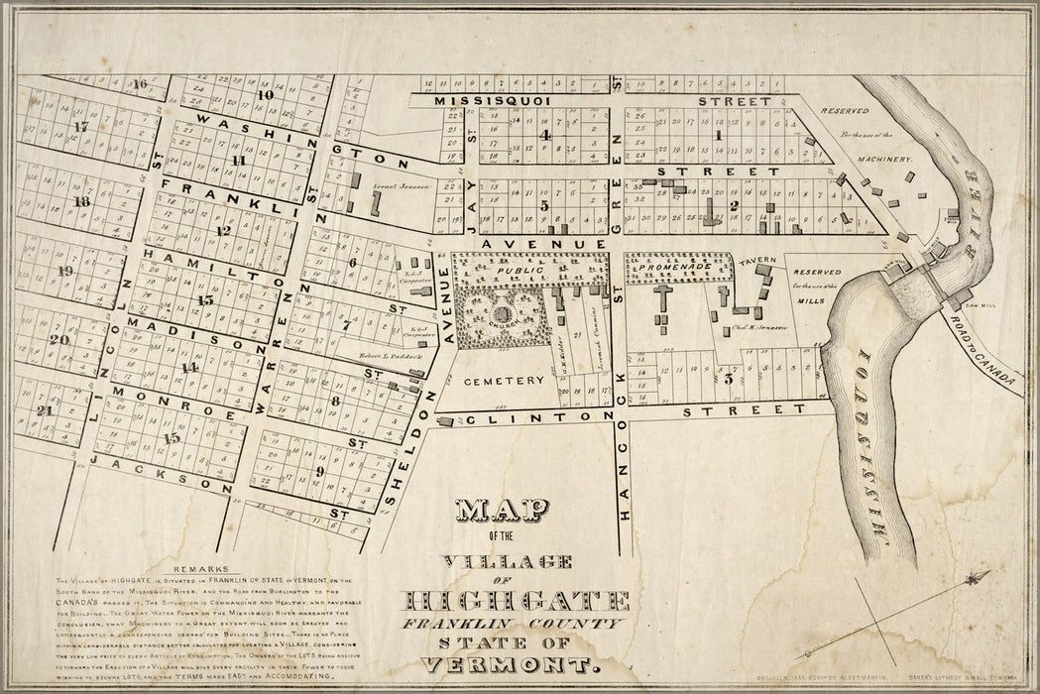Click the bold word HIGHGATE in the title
pyautogui.click(x=516, y=602)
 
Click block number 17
pyautogui.click(x=81, y=127)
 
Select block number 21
pyautogui.click(x=43, y=410)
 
